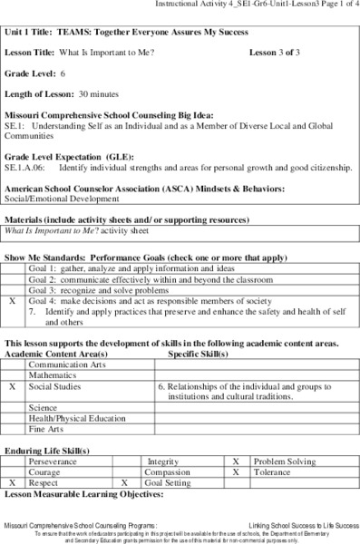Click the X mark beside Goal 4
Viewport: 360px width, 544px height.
[13, 300]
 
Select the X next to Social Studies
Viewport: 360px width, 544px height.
[13, 386]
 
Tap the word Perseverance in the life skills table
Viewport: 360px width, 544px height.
[53, 461]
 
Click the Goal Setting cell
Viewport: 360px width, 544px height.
[165, 484]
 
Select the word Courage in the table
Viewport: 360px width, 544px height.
[45, 472]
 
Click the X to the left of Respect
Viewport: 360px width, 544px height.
[13, 484]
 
